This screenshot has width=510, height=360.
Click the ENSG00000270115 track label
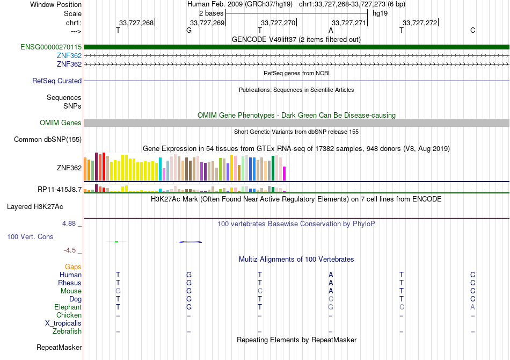click(51, 47)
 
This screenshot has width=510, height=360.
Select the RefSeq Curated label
click(57, 81)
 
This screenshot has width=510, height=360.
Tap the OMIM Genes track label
click(61, 123)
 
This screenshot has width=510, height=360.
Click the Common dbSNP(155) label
click(48, 139)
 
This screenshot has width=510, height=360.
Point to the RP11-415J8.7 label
click(60, 190)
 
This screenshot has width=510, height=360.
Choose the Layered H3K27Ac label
click(35, 207)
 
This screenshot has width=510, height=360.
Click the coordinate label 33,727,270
click(278, 23)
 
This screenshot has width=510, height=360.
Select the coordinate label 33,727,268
click(136, 23)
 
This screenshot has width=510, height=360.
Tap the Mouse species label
click(71, 291)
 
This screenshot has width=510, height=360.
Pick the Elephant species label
click(68, 307)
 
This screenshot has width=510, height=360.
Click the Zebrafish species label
click(67, 332)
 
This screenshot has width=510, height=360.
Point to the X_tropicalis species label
click(63, 323)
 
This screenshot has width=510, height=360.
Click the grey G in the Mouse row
click(118, 291)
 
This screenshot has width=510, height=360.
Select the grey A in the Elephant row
click(472, 307)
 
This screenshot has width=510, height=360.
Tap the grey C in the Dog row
click(331, 299)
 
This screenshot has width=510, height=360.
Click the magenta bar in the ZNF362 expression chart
click(285, 174)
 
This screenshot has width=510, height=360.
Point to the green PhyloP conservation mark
click(116, 241)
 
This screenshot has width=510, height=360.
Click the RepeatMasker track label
click(59, 347)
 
